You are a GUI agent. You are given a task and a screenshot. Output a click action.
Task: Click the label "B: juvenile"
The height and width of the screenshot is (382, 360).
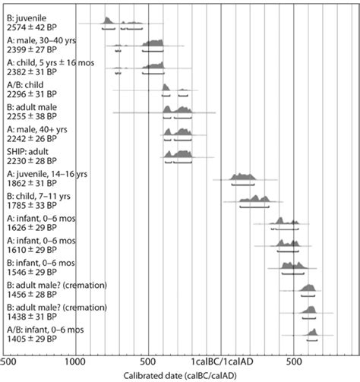[x=27, y=18]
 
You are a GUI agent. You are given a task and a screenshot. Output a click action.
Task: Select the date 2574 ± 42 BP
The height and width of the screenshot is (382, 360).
[x=32, y=27]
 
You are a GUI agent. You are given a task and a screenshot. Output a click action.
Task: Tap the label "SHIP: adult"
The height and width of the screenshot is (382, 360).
[x=27, y=152]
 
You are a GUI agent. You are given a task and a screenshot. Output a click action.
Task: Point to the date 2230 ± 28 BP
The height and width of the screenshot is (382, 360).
[x=32, y=161]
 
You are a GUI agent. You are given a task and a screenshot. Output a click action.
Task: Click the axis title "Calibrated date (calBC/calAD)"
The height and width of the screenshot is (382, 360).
[x=180, y=376]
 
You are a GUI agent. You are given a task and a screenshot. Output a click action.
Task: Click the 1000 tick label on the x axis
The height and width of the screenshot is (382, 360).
[x=75, y=361]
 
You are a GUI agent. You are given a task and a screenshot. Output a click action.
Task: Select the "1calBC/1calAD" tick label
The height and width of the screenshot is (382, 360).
[x=222, y=361]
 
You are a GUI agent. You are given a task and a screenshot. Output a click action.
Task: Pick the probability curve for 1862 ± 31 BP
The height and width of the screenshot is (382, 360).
[x=243, y=177]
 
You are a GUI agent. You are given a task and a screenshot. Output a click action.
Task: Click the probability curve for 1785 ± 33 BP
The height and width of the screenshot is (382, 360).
[x=254, y=199]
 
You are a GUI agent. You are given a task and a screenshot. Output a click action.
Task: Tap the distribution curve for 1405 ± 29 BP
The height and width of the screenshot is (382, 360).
[x=312, y=332]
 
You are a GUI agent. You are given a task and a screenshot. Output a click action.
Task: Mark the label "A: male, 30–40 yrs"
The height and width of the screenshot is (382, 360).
[x=42, y=40]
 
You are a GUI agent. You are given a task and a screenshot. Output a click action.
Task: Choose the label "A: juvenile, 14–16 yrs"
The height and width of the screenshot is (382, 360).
[x=47, y=174]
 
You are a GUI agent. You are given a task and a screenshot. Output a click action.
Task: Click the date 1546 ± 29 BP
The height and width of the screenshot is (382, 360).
[x=32, y=272]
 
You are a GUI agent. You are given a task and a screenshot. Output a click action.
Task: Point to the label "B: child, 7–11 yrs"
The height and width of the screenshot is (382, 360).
[x=39, y=197]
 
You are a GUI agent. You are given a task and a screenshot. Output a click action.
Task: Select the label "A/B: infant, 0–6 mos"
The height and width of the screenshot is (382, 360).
[x=46, y=330]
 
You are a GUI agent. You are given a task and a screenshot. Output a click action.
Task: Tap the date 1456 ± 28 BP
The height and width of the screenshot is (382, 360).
[x=32, y=295]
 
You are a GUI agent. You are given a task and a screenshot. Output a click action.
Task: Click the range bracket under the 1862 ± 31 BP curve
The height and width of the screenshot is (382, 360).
[x=243, y=185]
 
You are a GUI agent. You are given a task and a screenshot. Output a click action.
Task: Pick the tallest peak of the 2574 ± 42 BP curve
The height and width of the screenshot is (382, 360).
[x=106, y=17]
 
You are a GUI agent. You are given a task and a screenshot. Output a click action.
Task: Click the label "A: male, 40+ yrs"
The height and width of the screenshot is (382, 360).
[x=37, y=130]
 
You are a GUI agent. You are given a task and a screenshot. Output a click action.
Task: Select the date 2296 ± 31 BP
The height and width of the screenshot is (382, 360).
[x=32, y=94]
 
